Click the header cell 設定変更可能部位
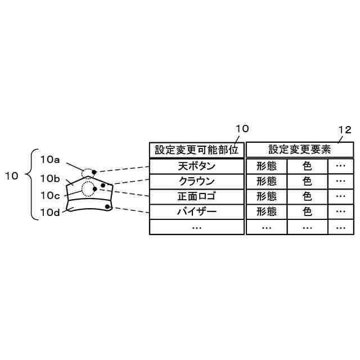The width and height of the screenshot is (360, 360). pos(197,150)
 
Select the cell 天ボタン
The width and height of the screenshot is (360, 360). pos(197,166)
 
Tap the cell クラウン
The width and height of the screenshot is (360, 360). pos(197,181)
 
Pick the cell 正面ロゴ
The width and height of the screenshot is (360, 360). pos(197,196)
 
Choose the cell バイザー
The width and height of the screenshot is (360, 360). pos(197,211)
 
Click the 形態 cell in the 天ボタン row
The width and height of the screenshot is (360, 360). pos(267,166)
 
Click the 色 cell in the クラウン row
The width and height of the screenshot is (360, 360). pos(307,181)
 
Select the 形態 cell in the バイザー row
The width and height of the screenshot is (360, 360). pos(267,211)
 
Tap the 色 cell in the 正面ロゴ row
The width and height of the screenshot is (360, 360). pos(307,196)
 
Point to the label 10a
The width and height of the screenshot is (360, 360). pos(50,160)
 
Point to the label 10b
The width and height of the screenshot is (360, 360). pos(50,178)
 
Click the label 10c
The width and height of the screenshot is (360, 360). pos(50,195)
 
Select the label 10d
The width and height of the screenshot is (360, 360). pos(50,212)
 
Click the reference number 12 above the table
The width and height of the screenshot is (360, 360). pos(344,130)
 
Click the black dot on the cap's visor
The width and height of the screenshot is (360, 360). pos(107,208)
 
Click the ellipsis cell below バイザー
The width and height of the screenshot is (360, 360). pos(197,227)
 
